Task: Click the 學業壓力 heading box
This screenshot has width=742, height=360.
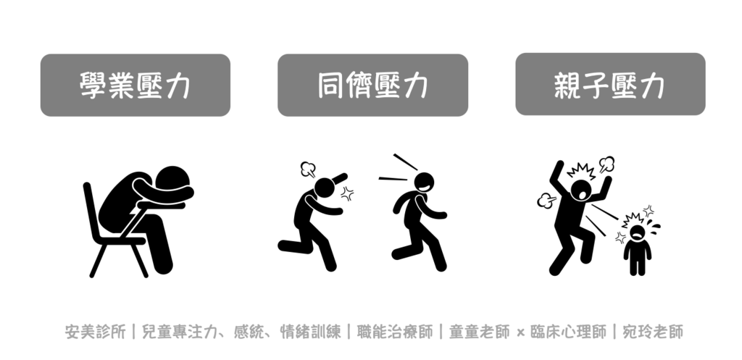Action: pyautogui.click(x=136, y=85)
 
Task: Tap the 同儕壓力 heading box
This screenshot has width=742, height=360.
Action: pyautogui.click(x=373, y=85)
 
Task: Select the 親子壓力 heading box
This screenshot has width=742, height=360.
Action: pyautogui.click(x=610, y=84)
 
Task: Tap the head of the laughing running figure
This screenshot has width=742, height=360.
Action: pyautogui.click(x=423, y=183)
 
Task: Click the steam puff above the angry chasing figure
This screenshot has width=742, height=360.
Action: pyautogui.click(x=308, y=169)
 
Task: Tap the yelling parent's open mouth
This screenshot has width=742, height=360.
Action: pyautogui.click(x=580, y=193)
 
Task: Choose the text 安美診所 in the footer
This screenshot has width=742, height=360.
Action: pyautogui.click(x=95, y=332)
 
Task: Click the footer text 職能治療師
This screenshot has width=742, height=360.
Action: pyautogui.click(x=395, y=332)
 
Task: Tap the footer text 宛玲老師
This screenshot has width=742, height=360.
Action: pyautogui.click(x=653, y=332)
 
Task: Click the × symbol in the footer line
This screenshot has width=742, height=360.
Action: pyautogui.click(x=520, y=332)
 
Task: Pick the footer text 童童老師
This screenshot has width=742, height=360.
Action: pyautogui.click(x=480, y=332)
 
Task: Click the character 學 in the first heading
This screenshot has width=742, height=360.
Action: pyautogui.click(x=93, y=85)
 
